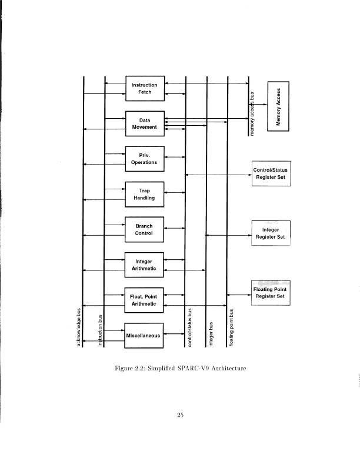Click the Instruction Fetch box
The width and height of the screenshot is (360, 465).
click(145, 88)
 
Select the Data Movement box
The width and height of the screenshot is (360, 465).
click(145, 123)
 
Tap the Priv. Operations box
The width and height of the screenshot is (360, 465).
click(145, 159)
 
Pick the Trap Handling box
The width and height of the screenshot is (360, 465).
click(145, 194)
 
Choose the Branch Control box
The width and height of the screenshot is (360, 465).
click(145, 229)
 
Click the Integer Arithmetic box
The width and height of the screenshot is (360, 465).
click(145, 265)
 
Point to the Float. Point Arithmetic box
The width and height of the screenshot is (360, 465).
click(145, 300)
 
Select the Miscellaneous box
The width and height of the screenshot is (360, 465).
click(145, 336)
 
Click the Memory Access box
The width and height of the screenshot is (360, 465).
click(279, 108)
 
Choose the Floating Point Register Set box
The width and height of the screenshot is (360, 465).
click(271, 293)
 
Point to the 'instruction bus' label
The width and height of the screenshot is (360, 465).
click(101, 331)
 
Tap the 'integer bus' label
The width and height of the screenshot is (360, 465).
click(211, 334)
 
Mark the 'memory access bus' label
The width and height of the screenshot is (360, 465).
click(252, 114)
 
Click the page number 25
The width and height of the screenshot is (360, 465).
click(181, 416)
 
